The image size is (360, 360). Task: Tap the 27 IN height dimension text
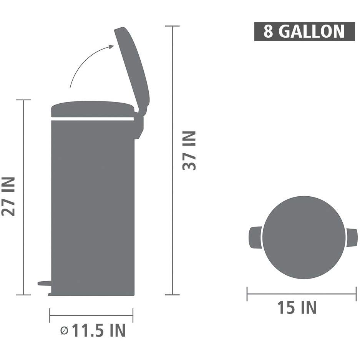8,197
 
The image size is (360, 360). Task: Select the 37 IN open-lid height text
189,151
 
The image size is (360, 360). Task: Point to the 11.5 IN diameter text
99,330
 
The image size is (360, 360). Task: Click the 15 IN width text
297,307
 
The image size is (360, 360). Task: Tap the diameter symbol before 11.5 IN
64,331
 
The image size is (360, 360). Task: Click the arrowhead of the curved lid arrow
111,47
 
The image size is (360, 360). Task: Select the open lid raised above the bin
132,69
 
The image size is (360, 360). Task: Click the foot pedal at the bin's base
45,283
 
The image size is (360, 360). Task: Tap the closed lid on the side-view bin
93,109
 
